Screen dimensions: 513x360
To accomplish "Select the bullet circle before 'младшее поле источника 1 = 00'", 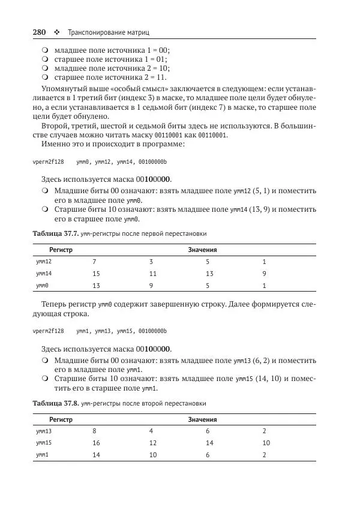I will (45, 51).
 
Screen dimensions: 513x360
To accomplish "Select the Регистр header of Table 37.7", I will (61, 250).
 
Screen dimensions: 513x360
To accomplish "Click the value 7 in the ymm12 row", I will (94, 262).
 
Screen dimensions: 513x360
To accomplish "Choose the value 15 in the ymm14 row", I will (96, 274).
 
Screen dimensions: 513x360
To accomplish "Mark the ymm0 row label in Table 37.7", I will (42, 285).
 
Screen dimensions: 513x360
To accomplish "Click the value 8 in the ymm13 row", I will (94, 431).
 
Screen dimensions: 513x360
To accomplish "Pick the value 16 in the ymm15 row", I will (96, 443).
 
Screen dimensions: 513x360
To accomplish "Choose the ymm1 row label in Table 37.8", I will (42, 454).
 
